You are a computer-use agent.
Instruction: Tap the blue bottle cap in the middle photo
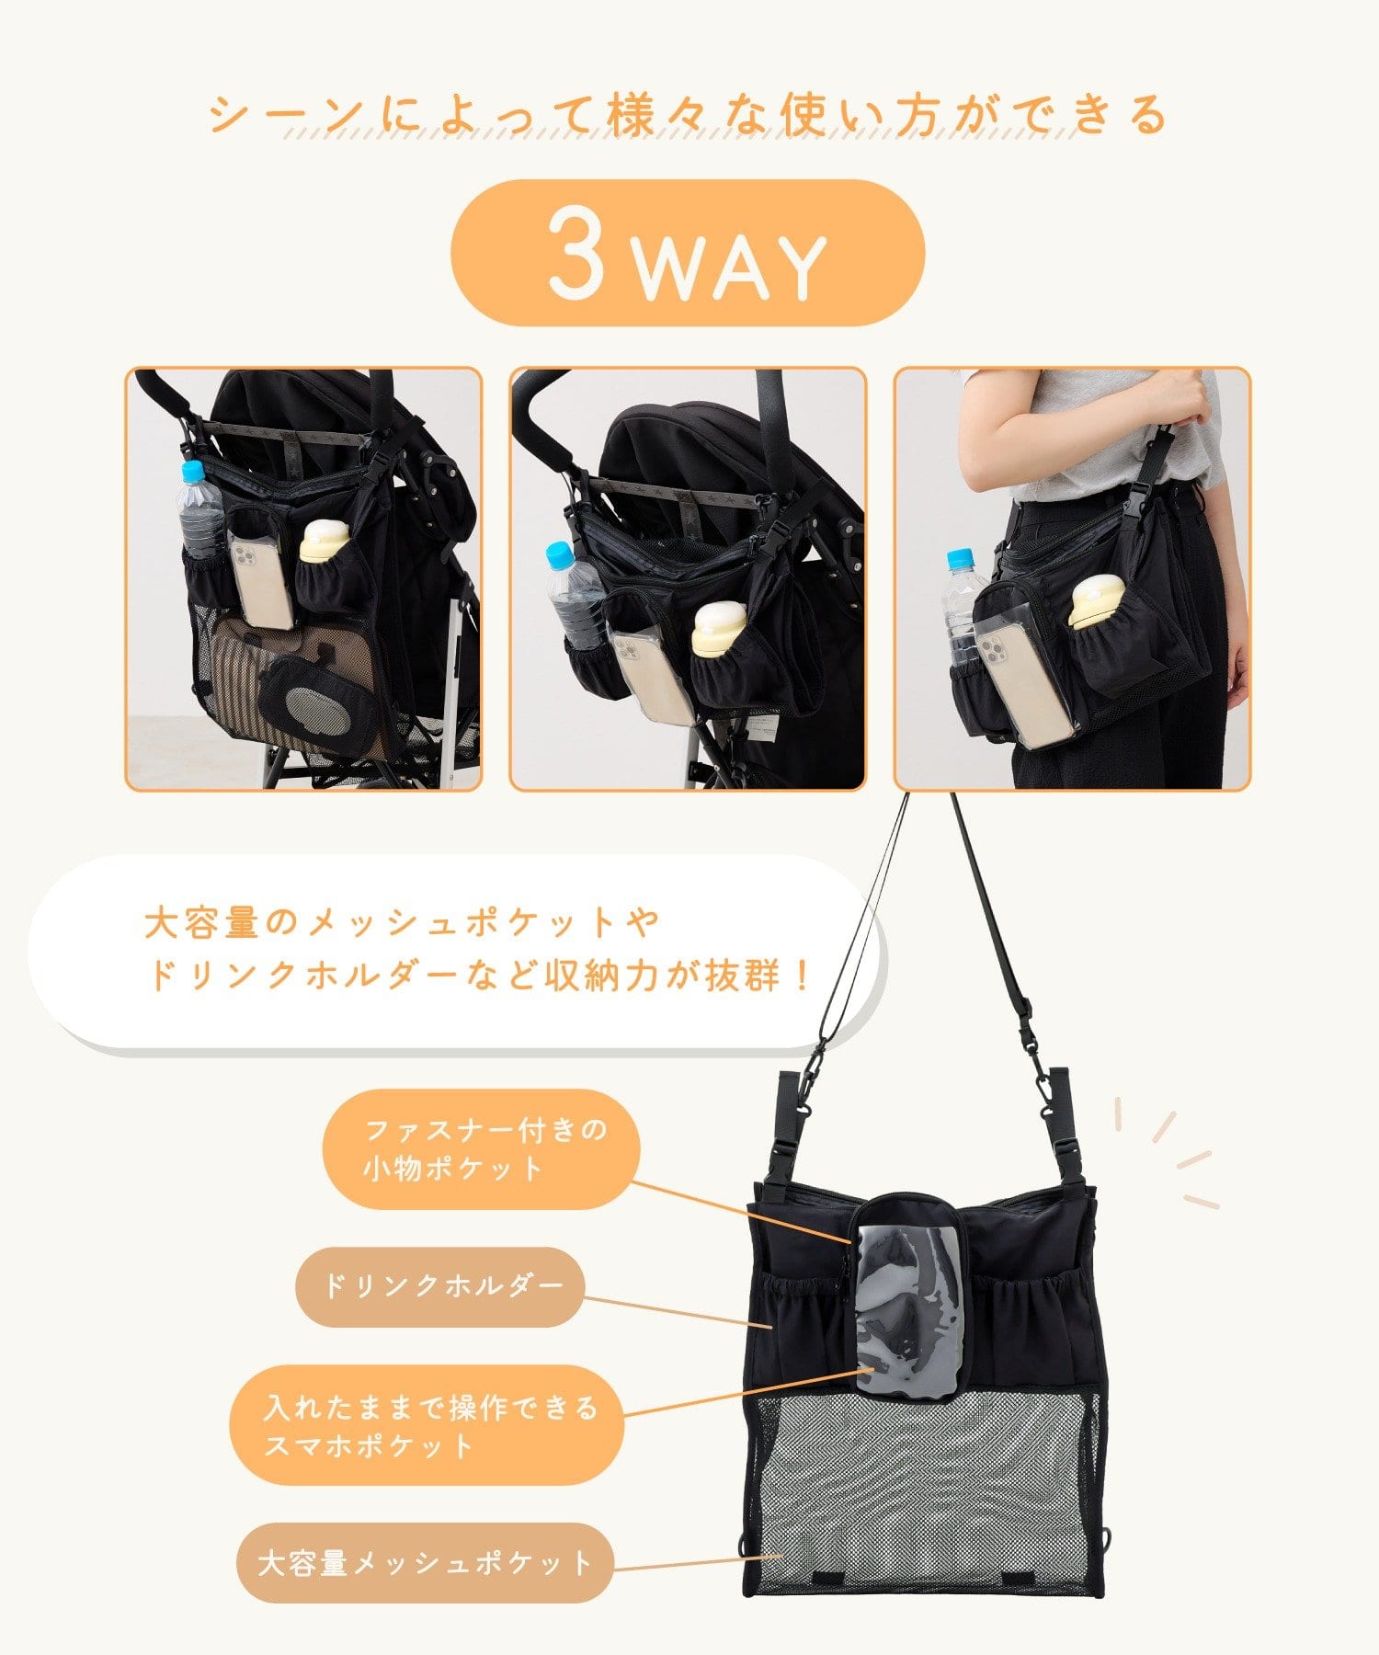point(559,554)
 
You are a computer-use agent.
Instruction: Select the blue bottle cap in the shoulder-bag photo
point(960,558)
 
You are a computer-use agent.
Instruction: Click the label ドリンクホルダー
point(440,1286)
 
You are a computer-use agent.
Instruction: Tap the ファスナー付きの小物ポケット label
point(482,1149)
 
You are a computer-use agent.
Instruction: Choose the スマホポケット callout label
point(427,1426)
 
